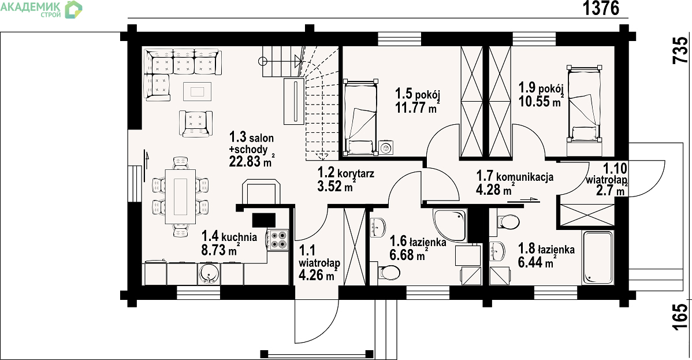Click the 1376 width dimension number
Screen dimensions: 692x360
coord(601,9)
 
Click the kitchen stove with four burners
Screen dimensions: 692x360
coord(278,240)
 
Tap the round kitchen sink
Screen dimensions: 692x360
coord(209,273)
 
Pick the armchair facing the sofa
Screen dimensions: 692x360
coord(195,123)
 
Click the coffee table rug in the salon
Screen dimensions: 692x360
coord(198,91)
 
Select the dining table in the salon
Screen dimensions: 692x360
coord(180,196)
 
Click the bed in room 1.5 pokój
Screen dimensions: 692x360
coord(360,117)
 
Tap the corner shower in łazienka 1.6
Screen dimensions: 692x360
coord(449,225)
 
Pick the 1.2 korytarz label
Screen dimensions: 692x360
coord(345,172)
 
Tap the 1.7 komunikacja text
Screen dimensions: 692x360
coord(515,176)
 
